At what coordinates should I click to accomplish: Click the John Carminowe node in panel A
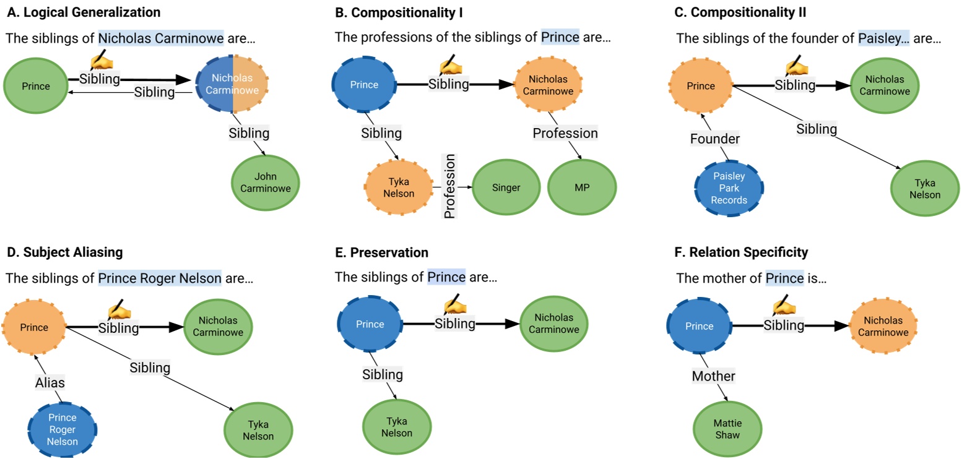pyautogui.click(x=265, y=183)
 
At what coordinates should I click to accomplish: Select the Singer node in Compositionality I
pyautogui.click(x=506, y=188)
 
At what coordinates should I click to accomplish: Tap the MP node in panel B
pyautogui.click(x=582, y=188)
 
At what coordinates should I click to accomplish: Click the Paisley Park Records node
pyautogui.click(x=729, y=188)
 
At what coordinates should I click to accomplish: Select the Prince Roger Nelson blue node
pyautogui.click(x=62, y=429)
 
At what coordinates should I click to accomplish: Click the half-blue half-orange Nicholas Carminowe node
pyautogui.click(x=232, y=85)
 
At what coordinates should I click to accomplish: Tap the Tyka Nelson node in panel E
pyautogui.click(x=396, y=427)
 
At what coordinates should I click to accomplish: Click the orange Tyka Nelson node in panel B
pyautogui.click(x=399, y=188)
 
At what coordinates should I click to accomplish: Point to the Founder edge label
pyautogui.click(x=715, y=139)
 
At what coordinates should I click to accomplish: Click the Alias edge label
pyautogui.click(x=50, y=383)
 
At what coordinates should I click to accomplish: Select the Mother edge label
pyautogui.click(x=713, y=376)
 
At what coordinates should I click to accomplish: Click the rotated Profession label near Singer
pyautogui.click(x=449, y=186)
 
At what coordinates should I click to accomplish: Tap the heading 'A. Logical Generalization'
pyautogui.click(x=83, y=12)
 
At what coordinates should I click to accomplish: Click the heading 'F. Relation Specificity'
pyautogui.click(x=742, y=252)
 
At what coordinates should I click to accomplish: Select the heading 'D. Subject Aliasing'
pyautogui.click(x=64, y=252)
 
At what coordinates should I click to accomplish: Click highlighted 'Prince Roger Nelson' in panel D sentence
pyautogui.click(x=159, y=278)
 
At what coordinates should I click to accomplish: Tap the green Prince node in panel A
pyautogui.click(x=36, y=86)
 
